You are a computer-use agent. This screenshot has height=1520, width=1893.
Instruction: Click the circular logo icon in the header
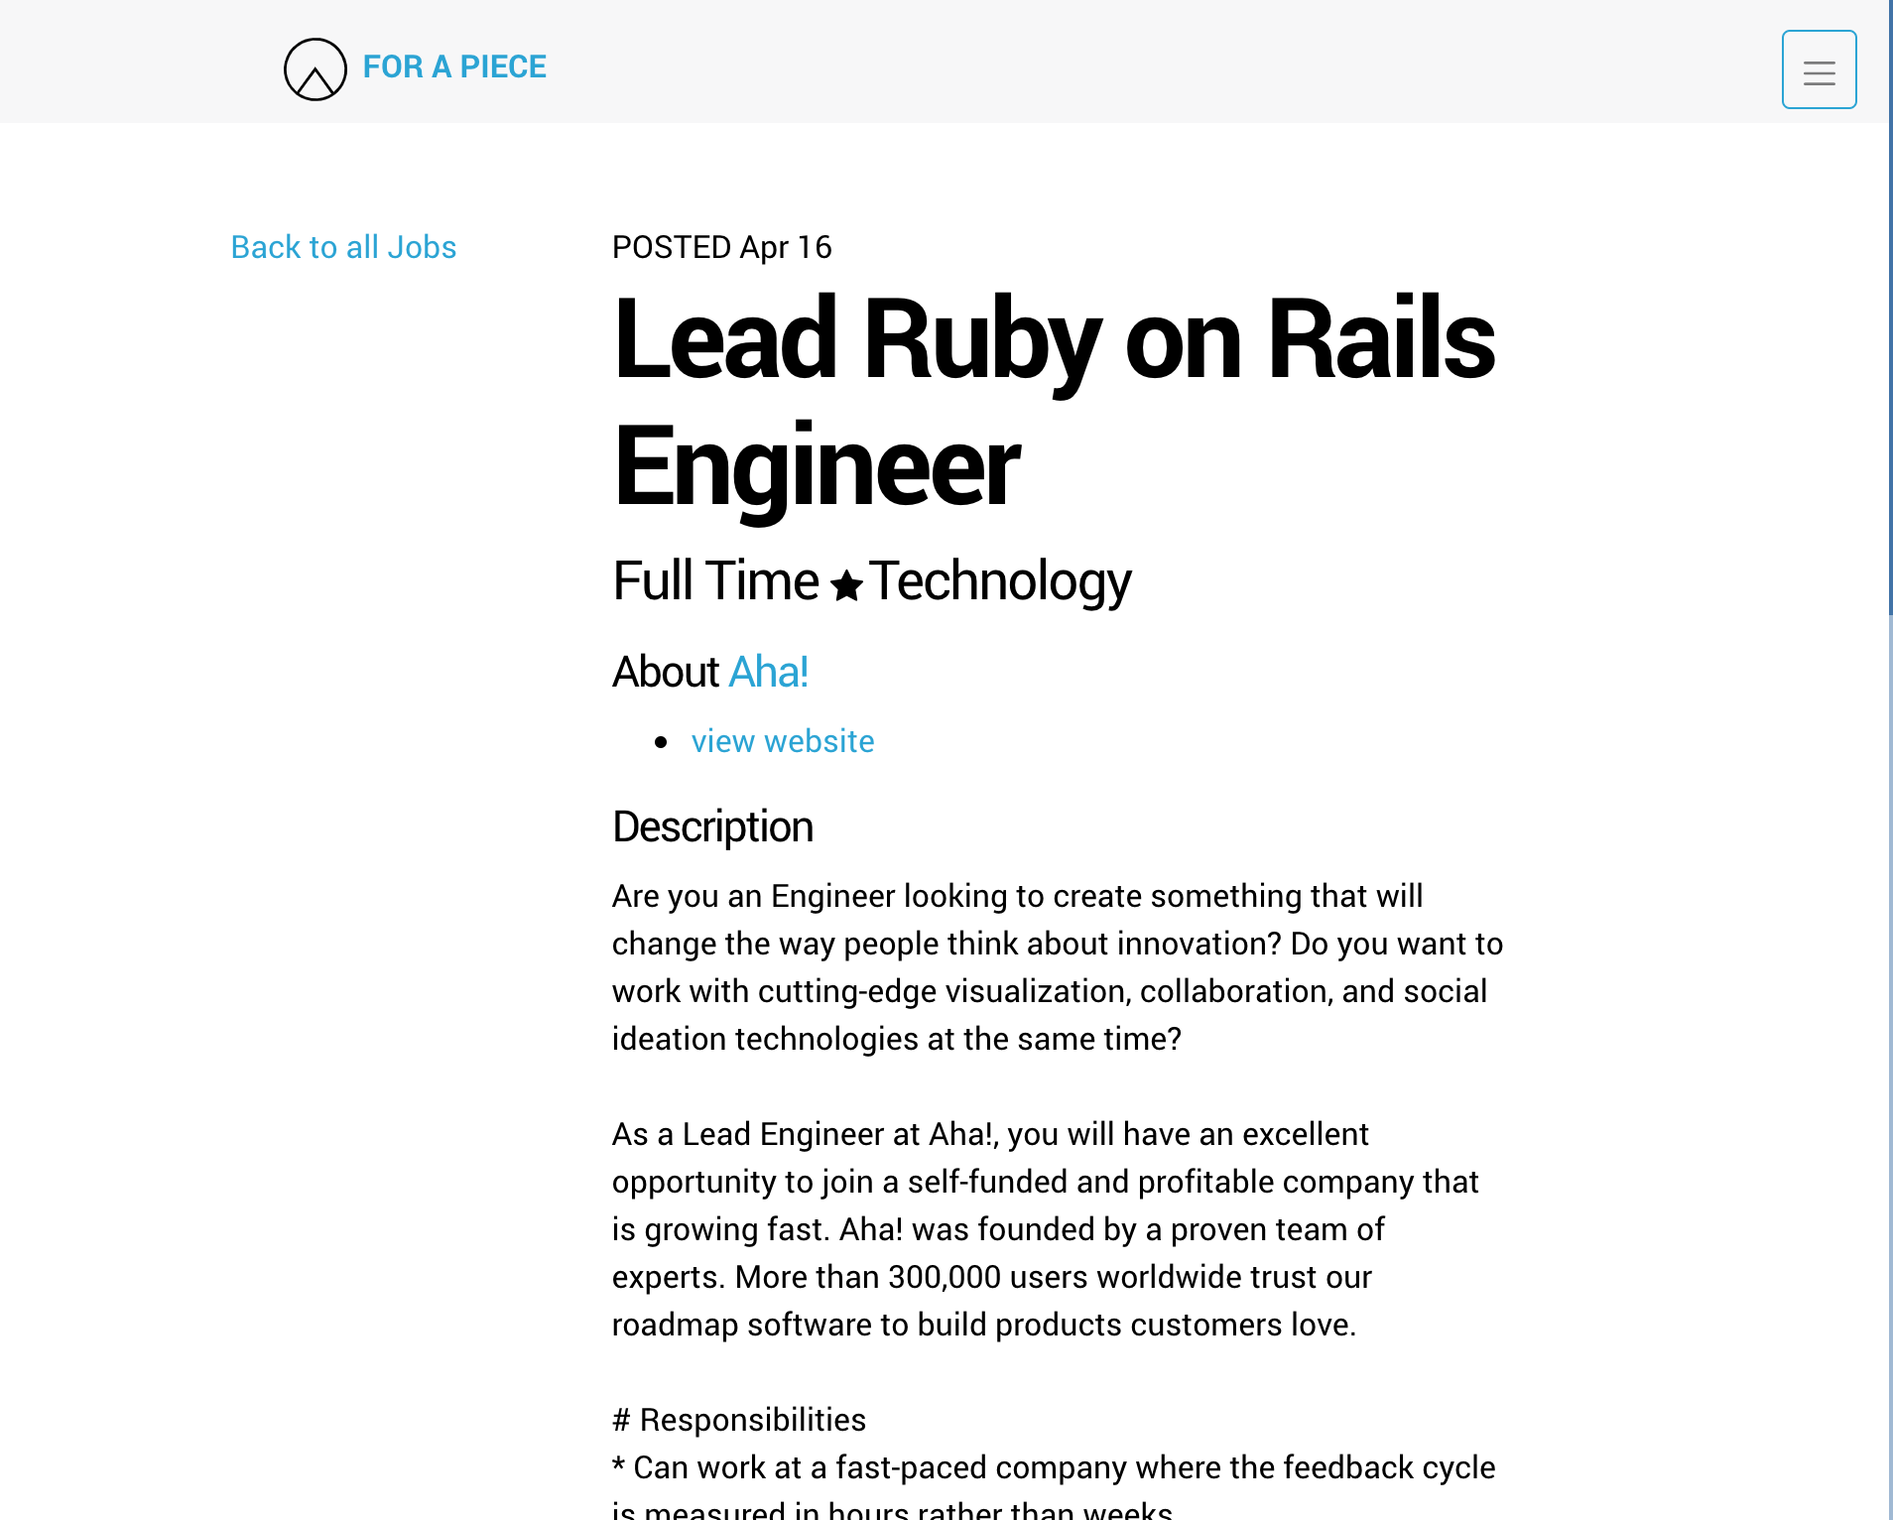pos(315,69)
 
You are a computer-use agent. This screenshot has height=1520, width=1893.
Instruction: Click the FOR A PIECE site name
pos(454,66)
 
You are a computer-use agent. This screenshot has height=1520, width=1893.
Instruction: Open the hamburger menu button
pos(1819,69)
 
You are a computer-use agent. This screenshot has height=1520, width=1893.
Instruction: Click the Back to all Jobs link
pos(343,247)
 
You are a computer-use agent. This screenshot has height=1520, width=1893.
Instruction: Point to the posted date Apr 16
pos(786,247)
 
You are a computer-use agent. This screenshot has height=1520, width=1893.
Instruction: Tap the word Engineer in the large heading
pos(817,466)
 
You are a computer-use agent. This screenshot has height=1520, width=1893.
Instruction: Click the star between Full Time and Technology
pos(846,585)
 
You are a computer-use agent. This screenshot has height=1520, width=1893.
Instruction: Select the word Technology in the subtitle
pos(1000,580)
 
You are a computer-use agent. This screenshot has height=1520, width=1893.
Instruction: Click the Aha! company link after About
pos(769,672)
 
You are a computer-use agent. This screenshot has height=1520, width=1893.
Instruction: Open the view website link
pos(783,741)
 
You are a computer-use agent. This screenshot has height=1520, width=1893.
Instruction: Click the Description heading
pos(712,826)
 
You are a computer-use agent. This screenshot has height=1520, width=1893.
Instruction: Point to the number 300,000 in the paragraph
pos(945,1277)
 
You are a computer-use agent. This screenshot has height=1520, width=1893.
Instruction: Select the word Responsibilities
pos(752,1420)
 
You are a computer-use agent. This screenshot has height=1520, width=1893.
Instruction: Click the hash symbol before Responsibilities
pos(622,1420)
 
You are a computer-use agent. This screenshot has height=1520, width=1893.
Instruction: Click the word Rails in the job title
pos(1381,339)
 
